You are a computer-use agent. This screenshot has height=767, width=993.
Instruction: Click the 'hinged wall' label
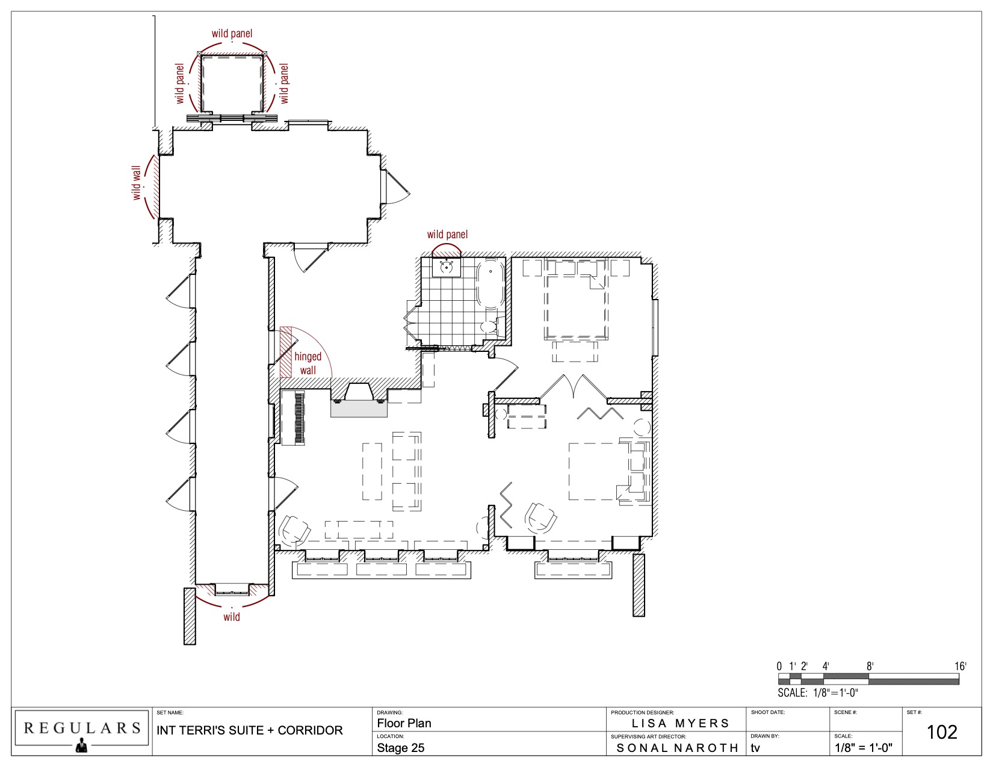point(308,363)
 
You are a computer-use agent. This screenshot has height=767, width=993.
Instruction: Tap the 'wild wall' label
point(136,183)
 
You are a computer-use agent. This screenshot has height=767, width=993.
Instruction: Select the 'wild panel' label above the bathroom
point(447,235)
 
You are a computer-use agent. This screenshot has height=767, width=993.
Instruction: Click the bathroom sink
point(447,268)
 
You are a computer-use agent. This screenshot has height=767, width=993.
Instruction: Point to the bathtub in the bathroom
point(491,283)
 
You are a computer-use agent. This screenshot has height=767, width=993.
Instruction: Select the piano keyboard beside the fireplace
point(293,418)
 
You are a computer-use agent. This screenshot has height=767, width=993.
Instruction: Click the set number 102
point(941,732)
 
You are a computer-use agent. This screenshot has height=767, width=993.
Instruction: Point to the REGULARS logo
point(82,732)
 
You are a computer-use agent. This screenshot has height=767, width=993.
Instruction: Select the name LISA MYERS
point(680,723)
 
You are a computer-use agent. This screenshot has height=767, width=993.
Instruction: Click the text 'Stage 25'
point(400,748)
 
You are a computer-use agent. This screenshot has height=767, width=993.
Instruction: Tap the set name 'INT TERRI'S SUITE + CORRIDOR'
point(250,730)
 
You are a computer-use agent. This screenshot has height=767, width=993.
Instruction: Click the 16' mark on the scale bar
point(960,666)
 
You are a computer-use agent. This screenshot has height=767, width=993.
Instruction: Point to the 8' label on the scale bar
point(870,666)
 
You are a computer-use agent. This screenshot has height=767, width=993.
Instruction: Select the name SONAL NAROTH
point(677,748)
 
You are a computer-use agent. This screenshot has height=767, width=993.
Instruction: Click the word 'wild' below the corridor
point(232,617)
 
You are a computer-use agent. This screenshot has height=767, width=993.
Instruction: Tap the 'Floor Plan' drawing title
point(404,723)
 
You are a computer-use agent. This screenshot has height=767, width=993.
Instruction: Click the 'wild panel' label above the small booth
point(232,33)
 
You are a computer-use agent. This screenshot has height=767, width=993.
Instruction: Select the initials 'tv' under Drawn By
point(755,748)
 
